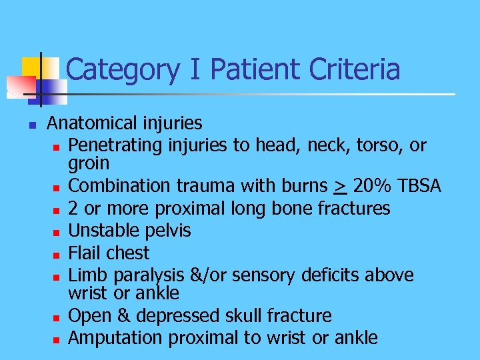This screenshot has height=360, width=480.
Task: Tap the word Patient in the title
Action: pos(243,69)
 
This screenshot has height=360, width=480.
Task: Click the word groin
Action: pos(89,164)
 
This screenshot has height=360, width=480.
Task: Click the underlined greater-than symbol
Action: pos(339,187)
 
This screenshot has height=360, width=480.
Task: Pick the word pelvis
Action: pos(168,231)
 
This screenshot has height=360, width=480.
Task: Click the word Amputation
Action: pos(116,338)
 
